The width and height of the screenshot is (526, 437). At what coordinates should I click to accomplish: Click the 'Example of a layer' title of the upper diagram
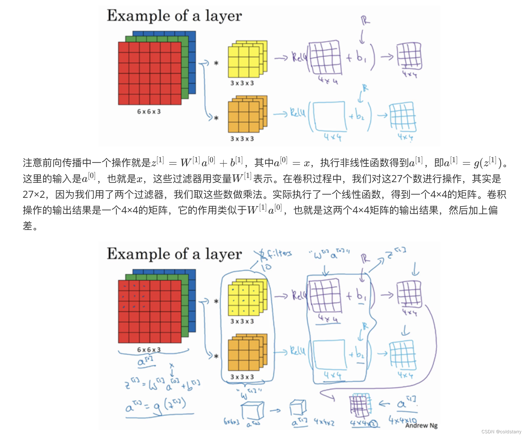click(174, 16)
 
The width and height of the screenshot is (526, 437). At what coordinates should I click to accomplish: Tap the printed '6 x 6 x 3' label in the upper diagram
click(149, 112)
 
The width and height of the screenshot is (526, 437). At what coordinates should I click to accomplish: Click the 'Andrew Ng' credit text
click(421, 426)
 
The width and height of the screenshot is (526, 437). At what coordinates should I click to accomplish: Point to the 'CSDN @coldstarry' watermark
click(501, 432)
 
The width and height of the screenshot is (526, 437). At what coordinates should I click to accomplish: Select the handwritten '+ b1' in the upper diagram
click(356, 57)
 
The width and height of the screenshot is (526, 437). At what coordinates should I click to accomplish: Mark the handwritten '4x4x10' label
click(402, 420)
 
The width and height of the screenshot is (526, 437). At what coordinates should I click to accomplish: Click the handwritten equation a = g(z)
click(156, 406)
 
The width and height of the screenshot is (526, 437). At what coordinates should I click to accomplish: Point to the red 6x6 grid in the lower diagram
click(150, 311)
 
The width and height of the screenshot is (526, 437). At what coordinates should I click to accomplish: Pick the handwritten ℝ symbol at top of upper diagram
click(365, 21)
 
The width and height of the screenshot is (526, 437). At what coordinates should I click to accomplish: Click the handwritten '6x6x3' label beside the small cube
click(232, 421)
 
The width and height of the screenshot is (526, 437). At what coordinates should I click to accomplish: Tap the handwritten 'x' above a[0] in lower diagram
click(172, 366)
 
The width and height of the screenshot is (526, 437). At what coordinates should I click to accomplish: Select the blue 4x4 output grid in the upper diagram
click(403, 117)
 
